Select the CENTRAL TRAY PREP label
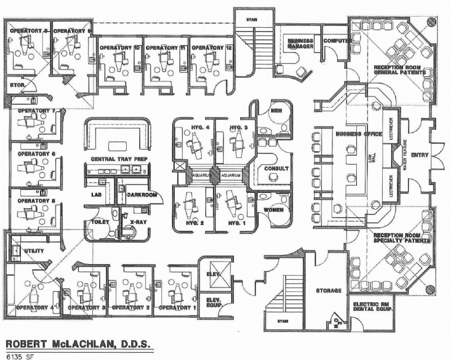119,160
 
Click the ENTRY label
420,155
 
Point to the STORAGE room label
328,291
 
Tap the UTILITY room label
34,249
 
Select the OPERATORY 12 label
211,48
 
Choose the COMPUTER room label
338,41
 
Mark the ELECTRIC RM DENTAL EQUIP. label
373,307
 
